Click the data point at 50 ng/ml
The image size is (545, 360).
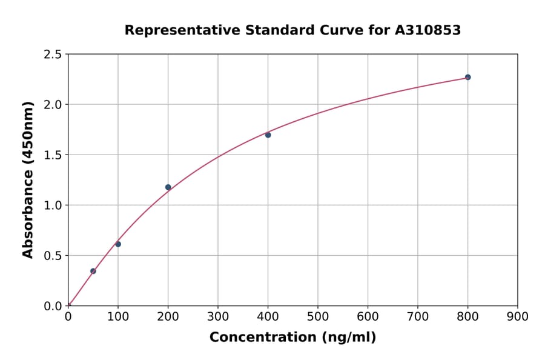(x=93, y=271)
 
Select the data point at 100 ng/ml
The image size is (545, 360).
(x=118, y=244)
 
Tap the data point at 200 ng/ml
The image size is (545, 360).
(x=168, y=187)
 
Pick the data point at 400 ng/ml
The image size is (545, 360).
(x=268, y=135)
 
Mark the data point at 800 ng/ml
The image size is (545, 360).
(x=467, y=77)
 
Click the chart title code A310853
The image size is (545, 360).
(x=428, y=30)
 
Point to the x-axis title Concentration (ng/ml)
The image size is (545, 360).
(x=292, y=338)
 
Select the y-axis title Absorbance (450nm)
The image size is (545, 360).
(x=28, y=180)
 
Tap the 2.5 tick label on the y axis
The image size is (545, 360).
(x=53, y=55)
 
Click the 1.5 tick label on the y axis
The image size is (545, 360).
(x=53, y=155)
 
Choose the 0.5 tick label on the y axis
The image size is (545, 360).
(x=53, y=256)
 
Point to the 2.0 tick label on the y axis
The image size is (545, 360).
(x=53, y=105)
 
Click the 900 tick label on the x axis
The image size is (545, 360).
(x=517, y=316)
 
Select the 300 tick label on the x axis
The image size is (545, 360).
(x=218, y=316)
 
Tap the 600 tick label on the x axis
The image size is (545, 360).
(x=368, y=316)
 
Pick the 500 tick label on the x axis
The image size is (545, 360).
(x=318, y=316)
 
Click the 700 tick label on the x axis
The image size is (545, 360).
(x=417, y=316)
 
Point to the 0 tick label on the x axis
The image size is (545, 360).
(x=68, y=316)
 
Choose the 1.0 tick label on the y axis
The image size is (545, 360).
(x=53, y=205)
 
